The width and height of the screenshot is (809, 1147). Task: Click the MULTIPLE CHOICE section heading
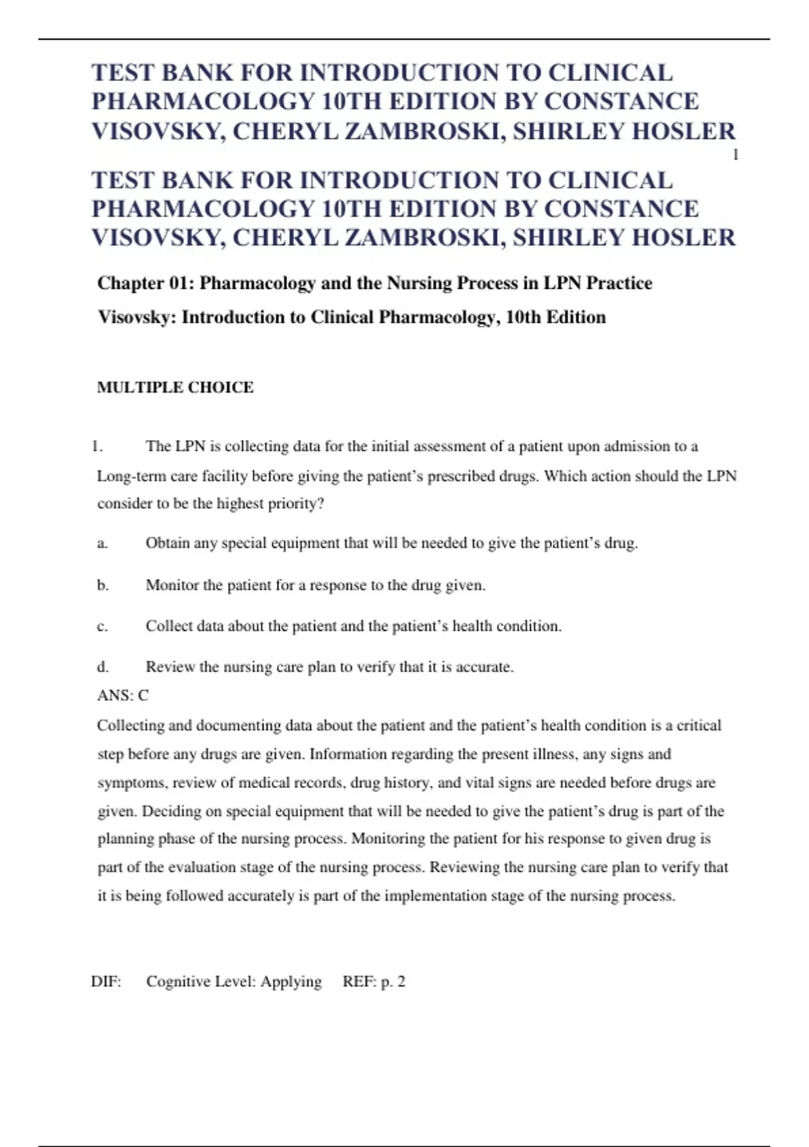click(175, 387)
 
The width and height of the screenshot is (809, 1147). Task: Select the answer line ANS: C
click(123, 696)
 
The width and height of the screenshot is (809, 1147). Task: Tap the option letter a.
click(102, 544)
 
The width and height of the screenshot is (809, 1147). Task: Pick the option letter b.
click(102, 585)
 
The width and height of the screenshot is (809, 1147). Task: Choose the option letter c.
click(102, 627)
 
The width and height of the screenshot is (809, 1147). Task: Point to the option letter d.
click(102, 667)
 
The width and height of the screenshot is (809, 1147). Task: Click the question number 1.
click(97, 447)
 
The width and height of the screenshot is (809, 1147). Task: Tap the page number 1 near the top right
click(736, 156)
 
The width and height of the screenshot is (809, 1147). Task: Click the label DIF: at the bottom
click(106, 982)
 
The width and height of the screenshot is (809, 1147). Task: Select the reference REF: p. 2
click(374, 982)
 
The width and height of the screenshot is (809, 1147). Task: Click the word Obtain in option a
click(168, 544)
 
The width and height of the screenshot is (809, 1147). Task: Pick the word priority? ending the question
click(296, 505)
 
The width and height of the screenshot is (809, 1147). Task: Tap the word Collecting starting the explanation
click(131, 726)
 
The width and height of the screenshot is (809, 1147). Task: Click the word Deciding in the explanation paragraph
click(171, 812)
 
